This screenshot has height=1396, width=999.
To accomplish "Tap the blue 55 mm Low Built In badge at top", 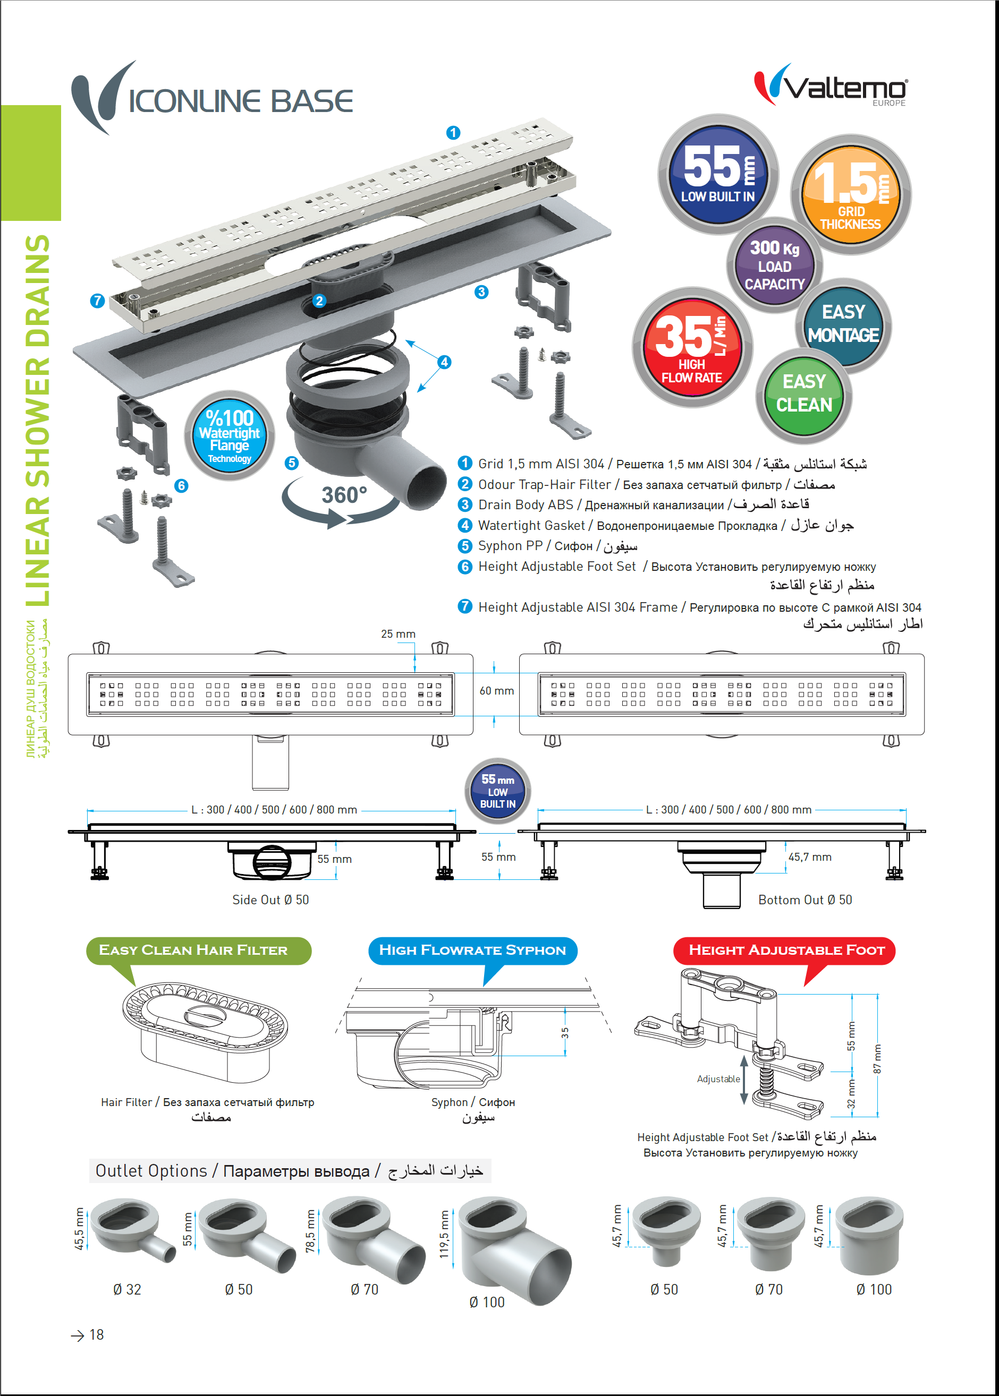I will (718, 174).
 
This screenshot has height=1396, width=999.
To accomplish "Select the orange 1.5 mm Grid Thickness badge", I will (850, 194).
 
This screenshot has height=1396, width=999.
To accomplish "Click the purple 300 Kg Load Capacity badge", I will (774, 265).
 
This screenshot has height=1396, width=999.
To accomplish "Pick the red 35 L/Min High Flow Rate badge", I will (692, 347).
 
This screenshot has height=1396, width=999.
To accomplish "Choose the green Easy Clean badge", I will (803, 394).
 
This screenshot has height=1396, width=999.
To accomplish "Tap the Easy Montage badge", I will (843, 323).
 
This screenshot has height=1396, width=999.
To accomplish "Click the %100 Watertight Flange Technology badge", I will (230, 435).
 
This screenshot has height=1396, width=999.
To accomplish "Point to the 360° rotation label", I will (344, 495).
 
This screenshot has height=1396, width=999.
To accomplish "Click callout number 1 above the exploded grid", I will (453, 133).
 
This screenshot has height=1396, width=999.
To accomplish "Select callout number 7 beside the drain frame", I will (97, 301).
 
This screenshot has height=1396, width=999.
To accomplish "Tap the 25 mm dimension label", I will (398, 634).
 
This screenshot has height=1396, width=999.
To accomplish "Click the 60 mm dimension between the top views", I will (496, 691).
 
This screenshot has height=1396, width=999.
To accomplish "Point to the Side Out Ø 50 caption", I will (270, 900).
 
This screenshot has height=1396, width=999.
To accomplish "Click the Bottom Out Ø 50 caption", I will (805, 900).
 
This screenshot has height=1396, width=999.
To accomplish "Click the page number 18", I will (97, 1335).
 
